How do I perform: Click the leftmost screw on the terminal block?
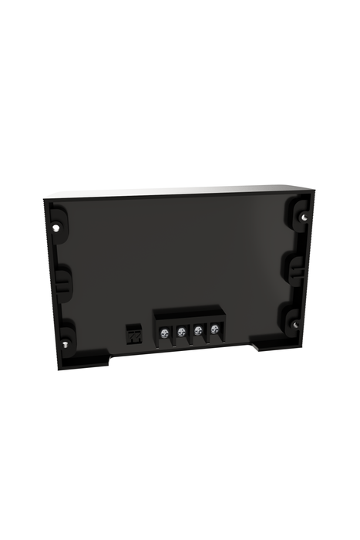tap(164, 332)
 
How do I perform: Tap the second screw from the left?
tap(181, 332)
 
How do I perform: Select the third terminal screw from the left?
tap(198, 330)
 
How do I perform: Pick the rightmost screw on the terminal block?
tap(214, 329)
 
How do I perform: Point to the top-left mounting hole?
tap(59, 228)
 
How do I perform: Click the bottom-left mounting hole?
tap(67, 343)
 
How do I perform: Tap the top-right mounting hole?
tap(304, 217)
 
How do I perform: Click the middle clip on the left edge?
tap(62, 282)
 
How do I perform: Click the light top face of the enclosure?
tap(181, 191)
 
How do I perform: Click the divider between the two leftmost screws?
tap(173, 334)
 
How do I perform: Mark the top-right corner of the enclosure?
tap(315, 187)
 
